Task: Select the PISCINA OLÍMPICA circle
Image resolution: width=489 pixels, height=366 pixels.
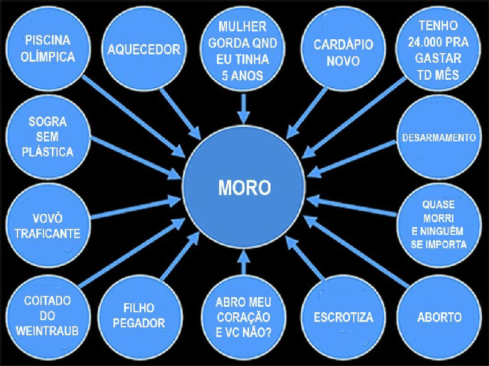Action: click(48, 50)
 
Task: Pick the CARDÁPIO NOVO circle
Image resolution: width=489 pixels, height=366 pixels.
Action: click(343, 53)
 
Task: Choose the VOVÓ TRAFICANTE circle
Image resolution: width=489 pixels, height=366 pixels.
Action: click(48, 225)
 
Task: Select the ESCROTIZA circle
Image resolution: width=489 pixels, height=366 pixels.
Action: click(343, 317)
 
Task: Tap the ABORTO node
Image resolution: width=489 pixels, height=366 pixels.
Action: click(439, 317)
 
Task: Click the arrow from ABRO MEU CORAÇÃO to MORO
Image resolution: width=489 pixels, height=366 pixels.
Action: click(243, 263)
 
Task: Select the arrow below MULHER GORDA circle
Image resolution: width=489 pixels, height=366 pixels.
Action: click(243, 109)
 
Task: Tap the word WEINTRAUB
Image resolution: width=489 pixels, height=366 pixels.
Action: click(48, 331)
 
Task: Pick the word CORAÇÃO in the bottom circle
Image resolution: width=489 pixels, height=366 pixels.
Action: click(243, 316)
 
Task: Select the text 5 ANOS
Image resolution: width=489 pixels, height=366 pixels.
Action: click(243, 75)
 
